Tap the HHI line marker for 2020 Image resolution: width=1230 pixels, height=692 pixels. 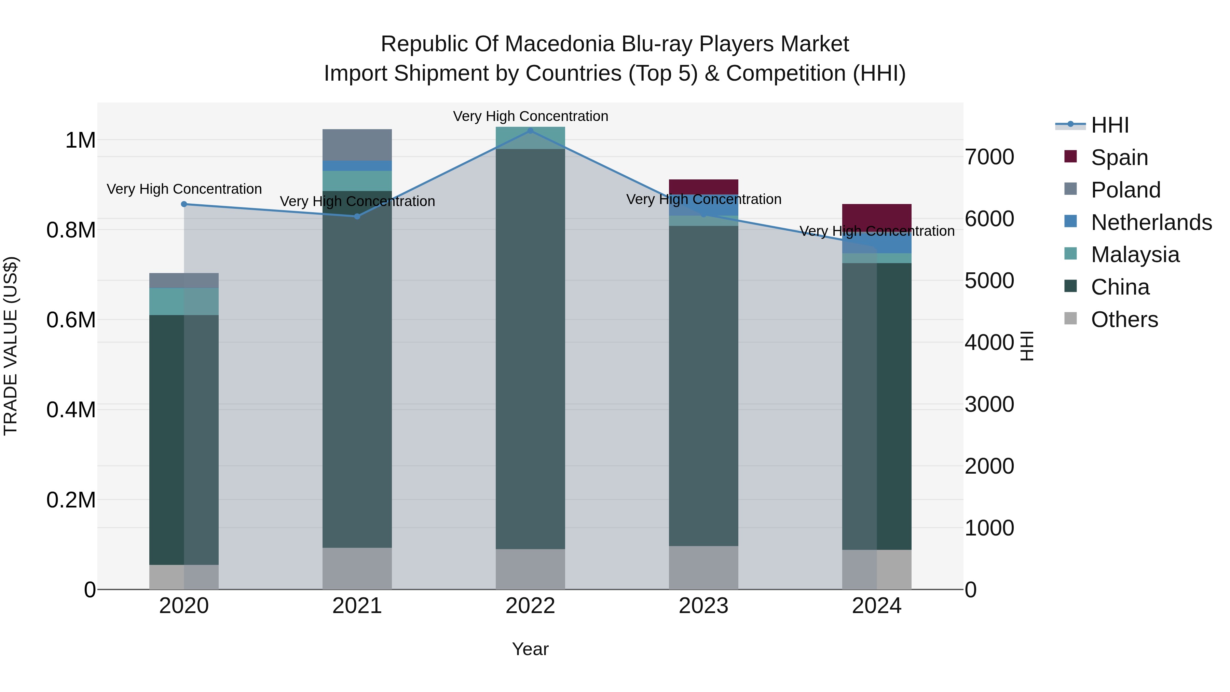point(184,204)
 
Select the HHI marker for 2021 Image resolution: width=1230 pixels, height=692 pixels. point(357,216)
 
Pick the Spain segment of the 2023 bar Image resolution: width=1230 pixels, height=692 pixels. point(703,186)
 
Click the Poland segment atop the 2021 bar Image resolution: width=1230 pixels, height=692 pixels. point(357,145)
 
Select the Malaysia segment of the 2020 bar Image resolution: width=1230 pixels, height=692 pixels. point(184,301)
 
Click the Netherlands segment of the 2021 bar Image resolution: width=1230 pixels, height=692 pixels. point(357,166)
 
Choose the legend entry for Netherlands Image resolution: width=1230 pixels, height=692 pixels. point(1151,222)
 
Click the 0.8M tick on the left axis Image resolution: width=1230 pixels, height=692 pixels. point(71,230)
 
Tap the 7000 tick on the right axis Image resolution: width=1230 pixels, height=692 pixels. point(989,157)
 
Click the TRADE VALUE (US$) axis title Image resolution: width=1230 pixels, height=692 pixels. point(11,346)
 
